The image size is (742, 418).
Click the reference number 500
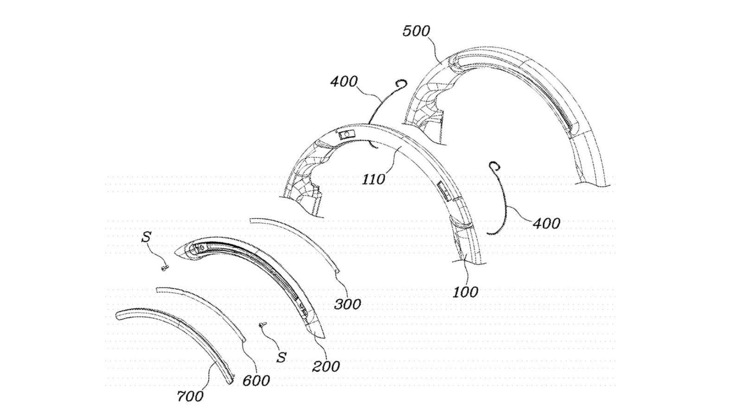click(x=416, y=32)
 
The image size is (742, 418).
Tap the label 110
click(x=374, y=179)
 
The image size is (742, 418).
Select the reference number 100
click(x=465, y=292)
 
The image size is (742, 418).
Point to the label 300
click(x=347, y=304)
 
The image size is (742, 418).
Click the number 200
click(x=326, y=366)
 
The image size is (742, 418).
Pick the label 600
click(x=256, y=381)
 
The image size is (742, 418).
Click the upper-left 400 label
click(x=344, y=82)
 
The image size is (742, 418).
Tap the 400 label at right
click(x=546, y=224)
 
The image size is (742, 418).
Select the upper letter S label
click(x=146, y=237)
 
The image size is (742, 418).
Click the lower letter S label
click(x=281, y=357)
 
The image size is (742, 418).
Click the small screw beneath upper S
click(x=165, y=268)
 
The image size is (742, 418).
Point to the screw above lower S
click(x=262, y=325)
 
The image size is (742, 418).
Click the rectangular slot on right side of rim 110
click(x=441, y=188)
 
